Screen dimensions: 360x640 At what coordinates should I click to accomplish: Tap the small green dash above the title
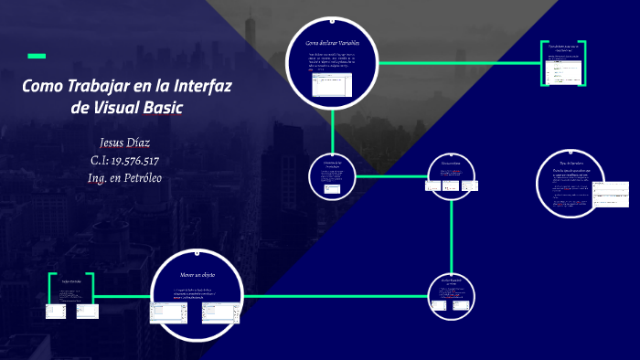[x=37, y=57]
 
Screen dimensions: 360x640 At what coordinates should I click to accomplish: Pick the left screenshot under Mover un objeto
[x=169, y=312]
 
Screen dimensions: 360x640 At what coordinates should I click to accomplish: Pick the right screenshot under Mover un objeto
[x=220, y=312]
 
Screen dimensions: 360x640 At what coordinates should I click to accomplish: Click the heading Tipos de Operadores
[x=571, y=164]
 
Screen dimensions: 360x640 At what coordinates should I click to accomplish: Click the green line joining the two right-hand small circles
[x=452, y=233]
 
